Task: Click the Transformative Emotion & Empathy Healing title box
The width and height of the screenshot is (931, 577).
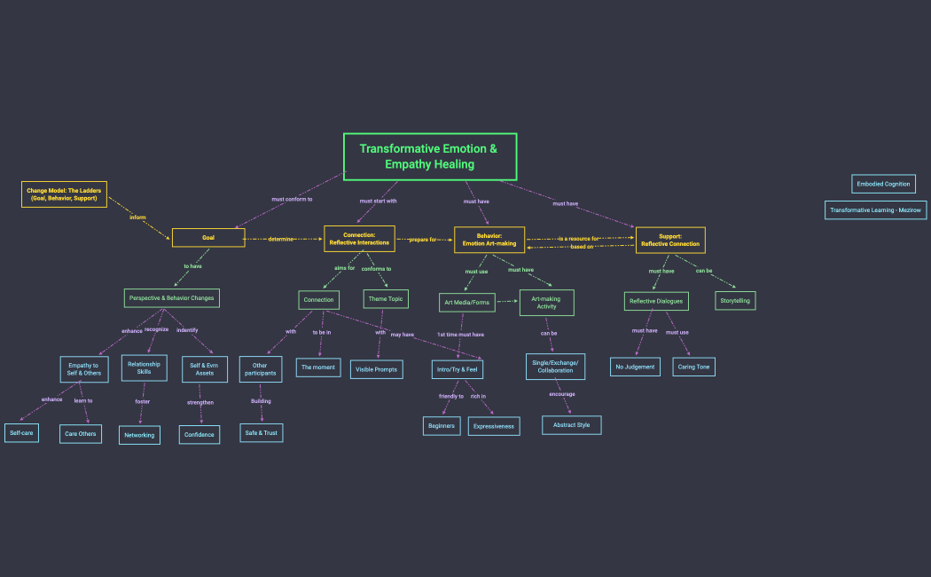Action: [x=430, y=156]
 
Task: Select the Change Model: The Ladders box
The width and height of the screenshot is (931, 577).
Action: [x=64, y=194]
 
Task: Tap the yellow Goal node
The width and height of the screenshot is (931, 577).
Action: [x=208, y=238]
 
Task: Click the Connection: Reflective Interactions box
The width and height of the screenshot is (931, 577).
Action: [x=359, y=239]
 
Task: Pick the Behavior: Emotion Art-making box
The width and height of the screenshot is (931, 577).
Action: [x=489, y=240]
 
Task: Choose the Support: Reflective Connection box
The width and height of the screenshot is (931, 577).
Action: [x=670, y=240]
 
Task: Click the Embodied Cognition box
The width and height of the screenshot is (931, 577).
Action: [x=883, y=184]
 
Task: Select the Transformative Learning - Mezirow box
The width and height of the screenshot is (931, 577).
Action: [x=876, y=210]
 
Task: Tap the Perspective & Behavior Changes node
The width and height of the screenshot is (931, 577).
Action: [x=171, y=298]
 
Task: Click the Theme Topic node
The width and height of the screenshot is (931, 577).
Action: [x=384, y=299]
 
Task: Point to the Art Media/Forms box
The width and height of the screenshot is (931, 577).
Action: [x=466, y=303]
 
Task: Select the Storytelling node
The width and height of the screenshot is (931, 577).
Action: [x=735, y=301]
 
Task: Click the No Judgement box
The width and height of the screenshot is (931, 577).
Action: [x=635, y=367]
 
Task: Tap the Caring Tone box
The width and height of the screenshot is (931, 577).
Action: [x=693, y=367]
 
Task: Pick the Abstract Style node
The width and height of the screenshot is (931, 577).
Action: [x=571, y=425]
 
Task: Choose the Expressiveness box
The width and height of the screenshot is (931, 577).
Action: [x=494, y=426]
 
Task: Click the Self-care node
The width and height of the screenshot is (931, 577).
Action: [x=21, y=433]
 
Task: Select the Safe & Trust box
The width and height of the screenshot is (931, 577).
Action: [x=262, y=433]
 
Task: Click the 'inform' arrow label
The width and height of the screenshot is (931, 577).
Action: [x=137, y=217]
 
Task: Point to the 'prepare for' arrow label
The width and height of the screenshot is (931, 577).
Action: [x=423, y=240]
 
